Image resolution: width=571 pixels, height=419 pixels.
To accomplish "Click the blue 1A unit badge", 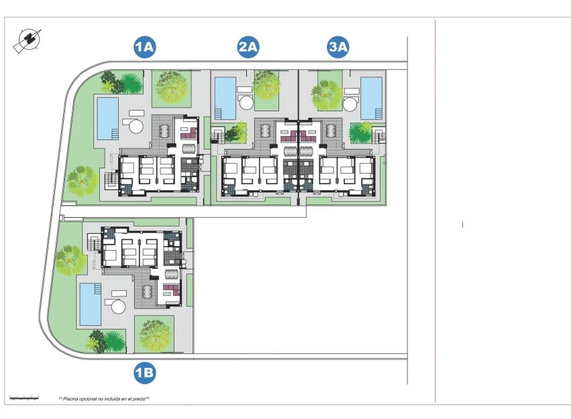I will click(145, 47).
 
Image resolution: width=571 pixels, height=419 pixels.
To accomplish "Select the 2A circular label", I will click(248, 47).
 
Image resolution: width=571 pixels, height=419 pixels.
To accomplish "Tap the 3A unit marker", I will click(338, 47).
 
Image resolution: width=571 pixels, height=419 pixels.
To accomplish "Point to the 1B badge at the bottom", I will click(145, 373).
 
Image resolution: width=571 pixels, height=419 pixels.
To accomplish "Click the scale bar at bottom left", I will click(23, 397).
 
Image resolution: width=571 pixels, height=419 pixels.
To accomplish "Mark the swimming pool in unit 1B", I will click(90, 302).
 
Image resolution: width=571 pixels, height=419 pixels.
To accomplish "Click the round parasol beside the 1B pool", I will click(118, 306).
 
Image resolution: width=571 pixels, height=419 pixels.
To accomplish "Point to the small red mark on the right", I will click(462, 225).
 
